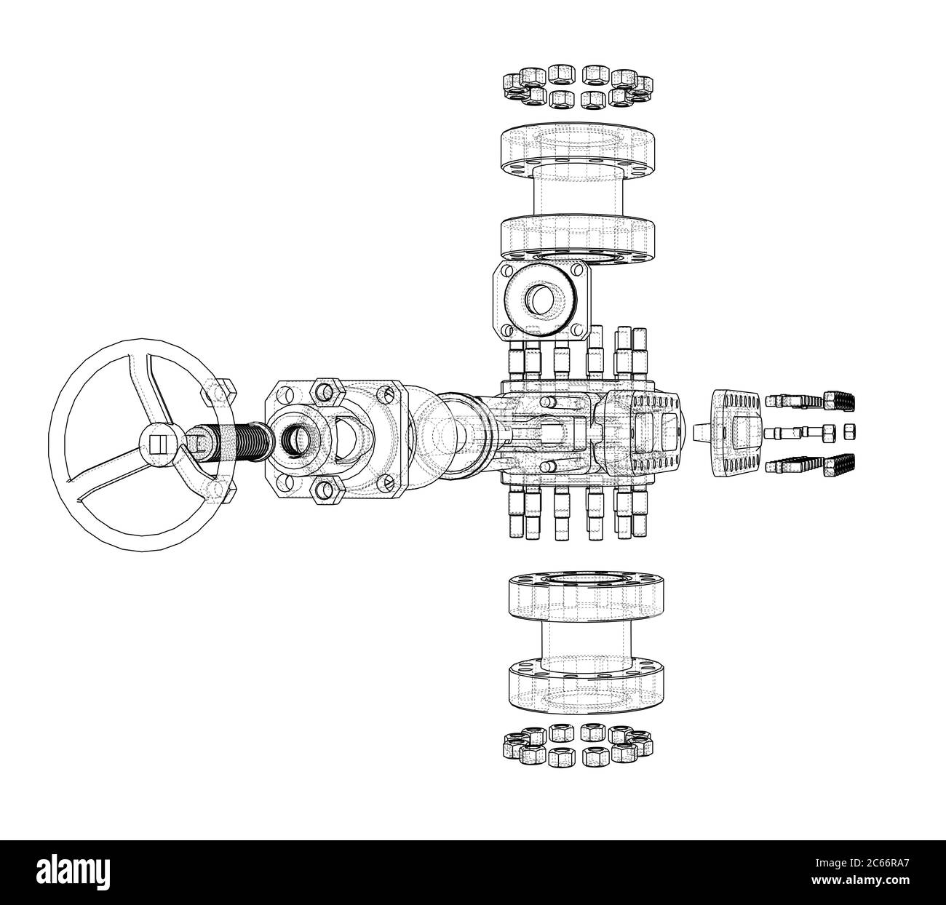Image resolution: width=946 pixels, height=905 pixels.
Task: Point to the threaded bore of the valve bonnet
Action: point(295,440)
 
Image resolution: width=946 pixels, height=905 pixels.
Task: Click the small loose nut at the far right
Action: point(848,432)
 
